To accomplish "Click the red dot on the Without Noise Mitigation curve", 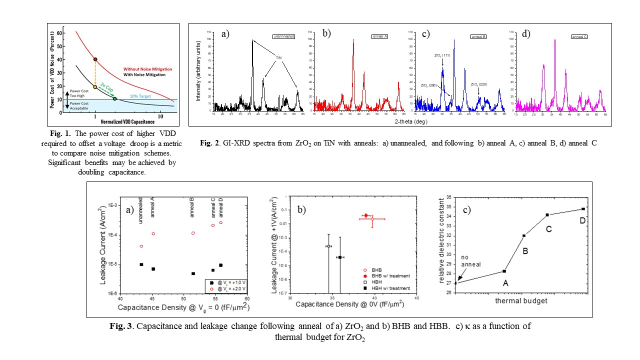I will tap(95, 59).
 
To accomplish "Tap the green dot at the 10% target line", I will tap(115, 98).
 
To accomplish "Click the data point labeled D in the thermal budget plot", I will tap(583, 209).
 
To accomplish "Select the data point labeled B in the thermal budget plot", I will tap(524, 235).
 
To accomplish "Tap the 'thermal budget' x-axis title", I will tap(514, 301).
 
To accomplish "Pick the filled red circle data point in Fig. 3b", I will tap(366, 215).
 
